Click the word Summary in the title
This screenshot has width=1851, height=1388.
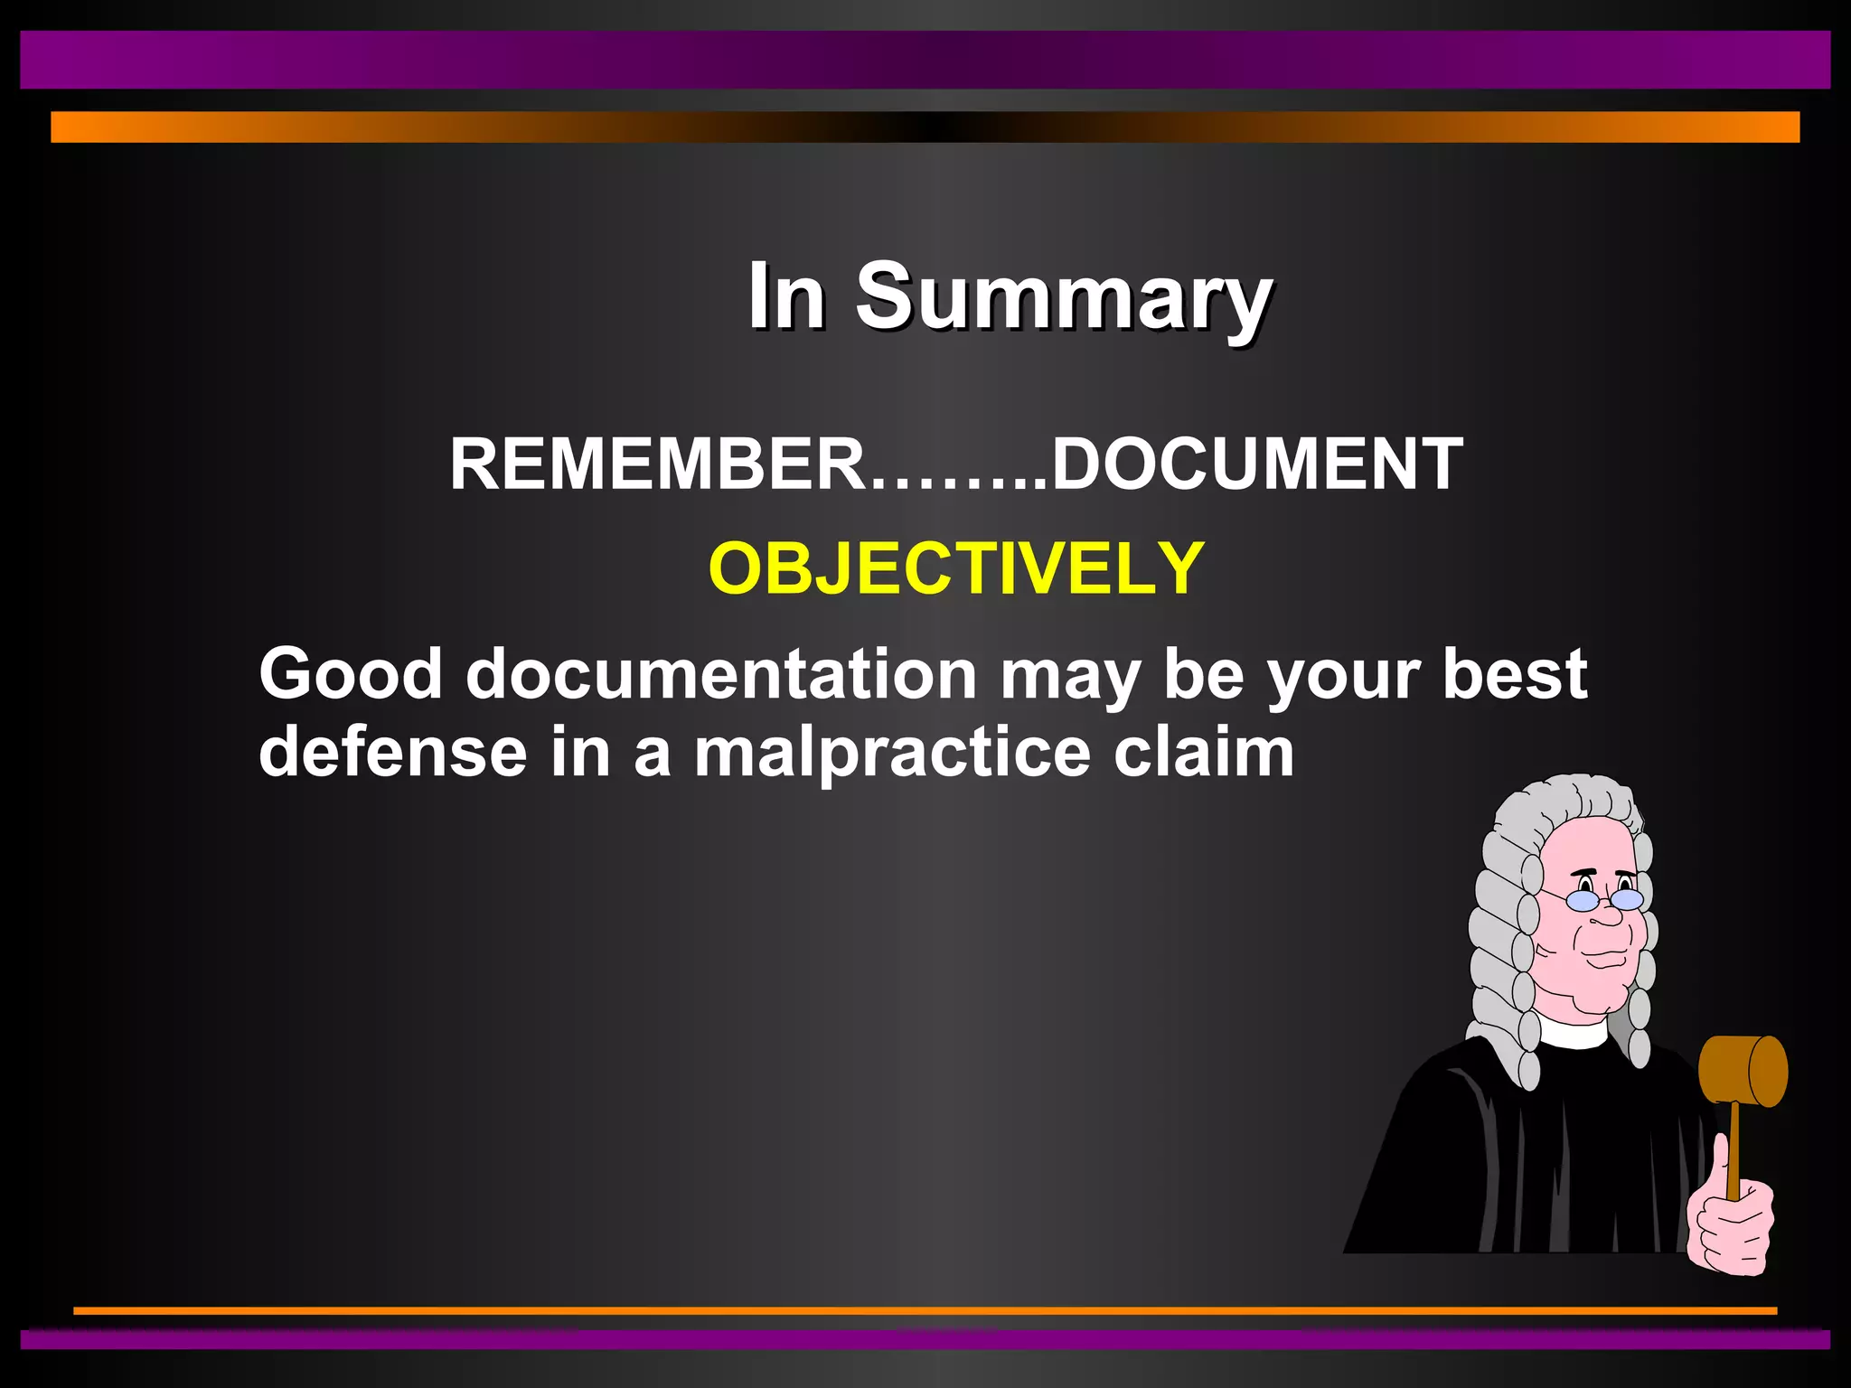click(x=1064, y=296)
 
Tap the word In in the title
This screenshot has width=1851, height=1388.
click(x=785, y=296)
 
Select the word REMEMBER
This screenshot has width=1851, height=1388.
click(x=658, y=464)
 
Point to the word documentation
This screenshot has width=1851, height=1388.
click(x=721, y=675)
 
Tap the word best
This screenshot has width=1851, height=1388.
click(x=1515, y=673)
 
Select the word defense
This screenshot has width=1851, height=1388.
click(x=393, y=752)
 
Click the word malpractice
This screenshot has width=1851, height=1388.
click(x=892, y=754)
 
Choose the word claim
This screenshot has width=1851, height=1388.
click(x=1204, y=752)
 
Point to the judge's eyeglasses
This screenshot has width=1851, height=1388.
click(x=1604, y=900)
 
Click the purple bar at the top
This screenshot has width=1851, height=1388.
click(x=925, y=60)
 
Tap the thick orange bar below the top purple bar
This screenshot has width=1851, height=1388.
click(x=925, y=127)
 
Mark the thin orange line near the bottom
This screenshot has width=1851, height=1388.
click(x=925, y=1309)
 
